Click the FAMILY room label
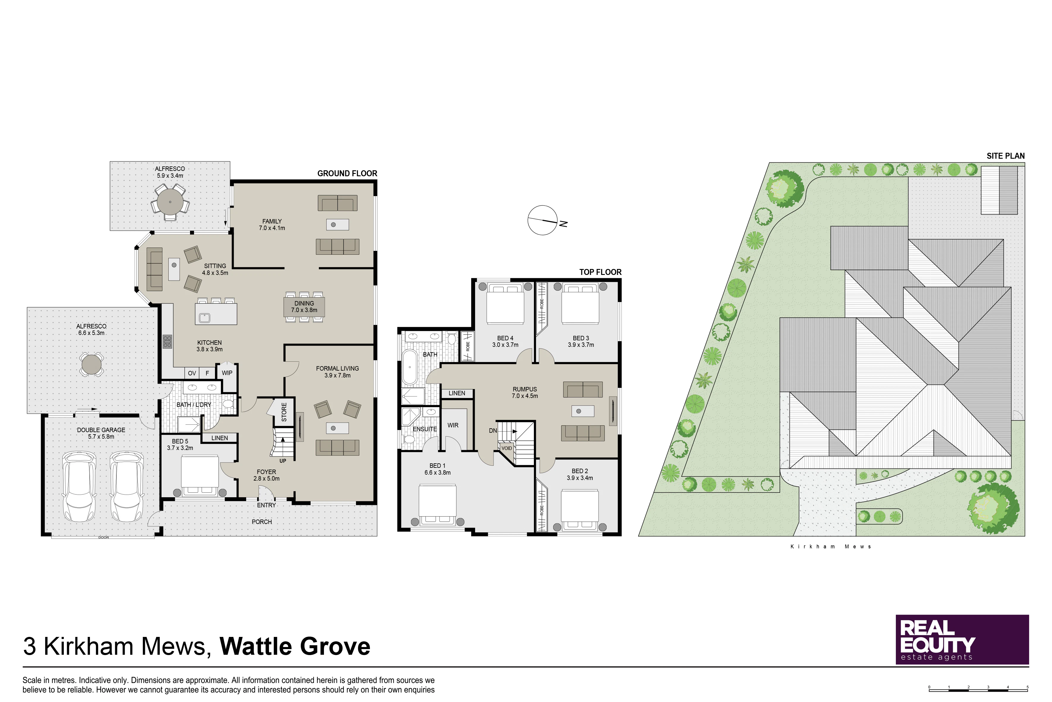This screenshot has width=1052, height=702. pos(272,221)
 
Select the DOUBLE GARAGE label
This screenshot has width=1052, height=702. pos(101,430)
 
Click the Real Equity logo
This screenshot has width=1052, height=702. pos(962,639)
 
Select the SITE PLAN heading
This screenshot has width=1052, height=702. pos(1005,156)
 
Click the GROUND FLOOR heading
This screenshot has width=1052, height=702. pos(347,173)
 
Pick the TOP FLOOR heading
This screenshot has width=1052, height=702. pos(600,272)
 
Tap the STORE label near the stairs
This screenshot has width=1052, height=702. pos(284,412)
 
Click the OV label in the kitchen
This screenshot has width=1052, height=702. pos(192,373)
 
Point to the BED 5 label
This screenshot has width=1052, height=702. pos(180,441)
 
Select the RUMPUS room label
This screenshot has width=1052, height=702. pos(525,389)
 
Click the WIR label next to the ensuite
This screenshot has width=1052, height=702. pos(453,425)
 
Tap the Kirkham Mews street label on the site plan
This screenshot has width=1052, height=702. pos(830,547)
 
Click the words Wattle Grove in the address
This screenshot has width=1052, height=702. pos(295,646)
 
